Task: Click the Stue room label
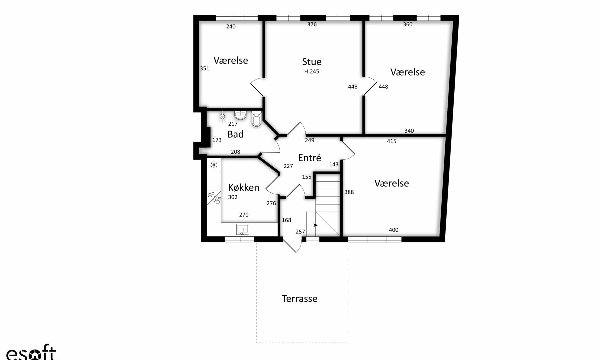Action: point(312,62)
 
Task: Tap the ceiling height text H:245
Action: point(312,71)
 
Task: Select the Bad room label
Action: point(235,134)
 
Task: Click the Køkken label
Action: point(244,187)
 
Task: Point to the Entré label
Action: point(310,158)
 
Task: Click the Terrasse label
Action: point(299,298)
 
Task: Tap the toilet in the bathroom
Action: point(256,119)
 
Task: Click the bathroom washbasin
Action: point(240,115)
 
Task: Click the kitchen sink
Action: point(242,229)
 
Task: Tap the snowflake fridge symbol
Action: point(214,165)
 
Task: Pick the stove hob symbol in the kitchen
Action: point(214,198)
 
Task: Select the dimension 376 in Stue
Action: point(312,24)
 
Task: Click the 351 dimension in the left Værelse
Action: point(205,68)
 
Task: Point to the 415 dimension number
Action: point(392,141)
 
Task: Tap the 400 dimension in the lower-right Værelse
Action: point(394,230)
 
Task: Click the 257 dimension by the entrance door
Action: point(300,232)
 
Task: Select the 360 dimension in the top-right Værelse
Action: point(408,24)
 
